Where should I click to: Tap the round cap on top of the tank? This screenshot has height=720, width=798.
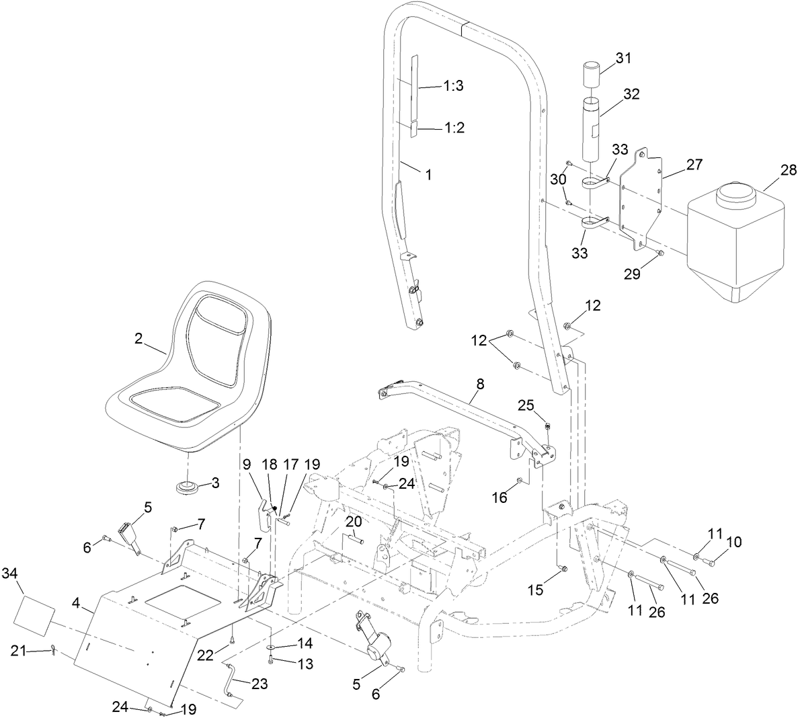point(737,197)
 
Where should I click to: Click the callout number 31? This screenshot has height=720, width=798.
point(623,58)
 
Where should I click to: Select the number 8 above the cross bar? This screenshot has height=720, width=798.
point(479,384)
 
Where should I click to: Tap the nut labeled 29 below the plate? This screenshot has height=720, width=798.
point(660,253)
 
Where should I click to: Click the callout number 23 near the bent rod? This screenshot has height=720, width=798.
point(259,684)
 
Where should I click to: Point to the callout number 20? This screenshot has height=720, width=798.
point(354,521)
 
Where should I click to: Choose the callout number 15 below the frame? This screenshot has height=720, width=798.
point(534,590)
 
